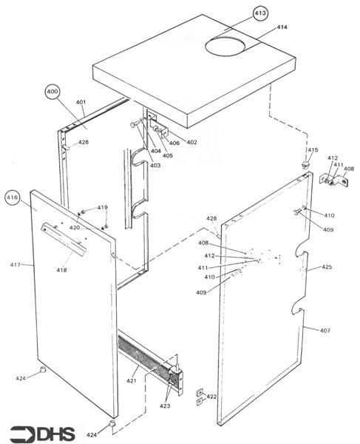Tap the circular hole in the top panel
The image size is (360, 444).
[231, 46]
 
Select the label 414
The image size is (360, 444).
[282, 27]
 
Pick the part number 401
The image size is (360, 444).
[81, 102]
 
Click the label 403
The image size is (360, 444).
[155, 166]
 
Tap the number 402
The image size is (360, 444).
[191, 142]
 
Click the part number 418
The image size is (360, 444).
[61, 270]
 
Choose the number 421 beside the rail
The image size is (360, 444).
[132, 380]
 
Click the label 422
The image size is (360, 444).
[211, 397]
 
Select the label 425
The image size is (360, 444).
[327, 267]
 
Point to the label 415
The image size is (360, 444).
[313, 150]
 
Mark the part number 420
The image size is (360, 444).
[75, 227]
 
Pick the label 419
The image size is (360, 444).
[102, 207]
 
